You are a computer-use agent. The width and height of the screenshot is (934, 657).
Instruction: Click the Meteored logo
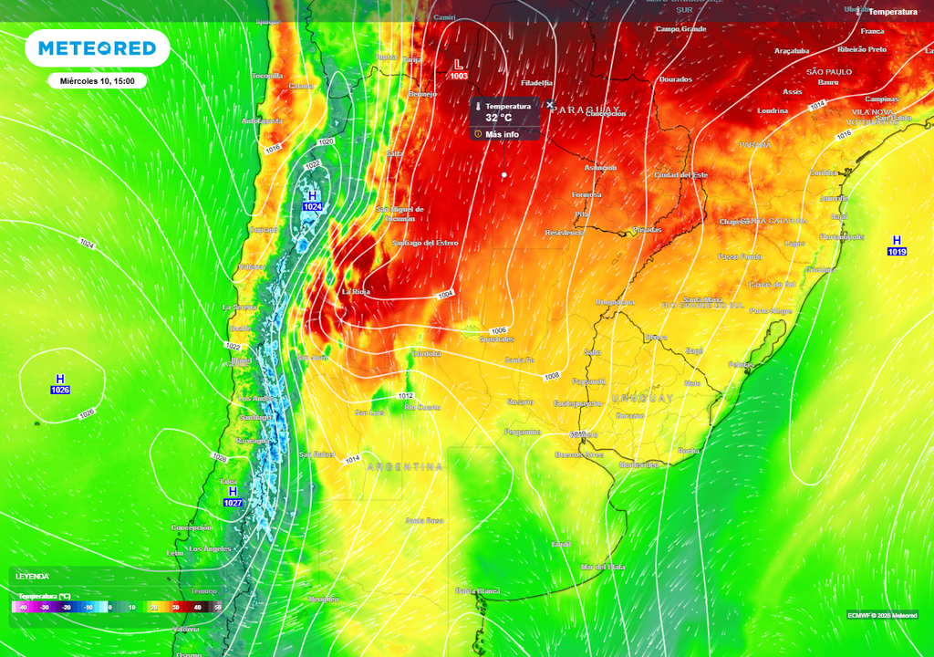point(97,48)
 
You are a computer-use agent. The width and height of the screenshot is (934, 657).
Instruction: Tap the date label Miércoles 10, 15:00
point(98,81)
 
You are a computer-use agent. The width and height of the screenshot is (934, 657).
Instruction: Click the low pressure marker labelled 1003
point(459,69)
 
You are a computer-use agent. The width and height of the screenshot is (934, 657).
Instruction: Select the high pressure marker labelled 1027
point(233,496)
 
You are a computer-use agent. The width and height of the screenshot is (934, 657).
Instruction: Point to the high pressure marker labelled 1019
point(896,245)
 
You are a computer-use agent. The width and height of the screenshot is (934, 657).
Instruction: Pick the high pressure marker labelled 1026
point(60,384)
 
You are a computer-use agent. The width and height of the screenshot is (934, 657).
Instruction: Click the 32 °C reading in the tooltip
point(498,118)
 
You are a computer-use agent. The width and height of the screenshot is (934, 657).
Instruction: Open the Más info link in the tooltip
point(502,134)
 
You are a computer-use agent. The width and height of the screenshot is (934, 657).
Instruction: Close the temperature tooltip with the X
point(549,105)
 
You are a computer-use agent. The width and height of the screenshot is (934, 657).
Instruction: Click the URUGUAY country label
point(643,399)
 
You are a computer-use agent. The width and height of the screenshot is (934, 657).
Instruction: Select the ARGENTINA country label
point(405,466)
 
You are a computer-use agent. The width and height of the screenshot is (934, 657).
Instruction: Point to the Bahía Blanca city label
point(478,591)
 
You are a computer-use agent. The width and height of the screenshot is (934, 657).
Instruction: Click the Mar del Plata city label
point(603,567)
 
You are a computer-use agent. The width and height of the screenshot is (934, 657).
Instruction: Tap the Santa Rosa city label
point(424,520)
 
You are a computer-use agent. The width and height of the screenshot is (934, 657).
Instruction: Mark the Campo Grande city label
point(681,29)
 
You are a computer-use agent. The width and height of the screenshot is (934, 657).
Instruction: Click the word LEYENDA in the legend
point(32,577)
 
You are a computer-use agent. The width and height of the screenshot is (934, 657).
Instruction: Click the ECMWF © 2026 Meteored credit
point(882,614)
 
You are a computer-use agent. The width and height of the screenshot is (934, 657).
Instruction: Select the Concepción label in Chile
point(192,527)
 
